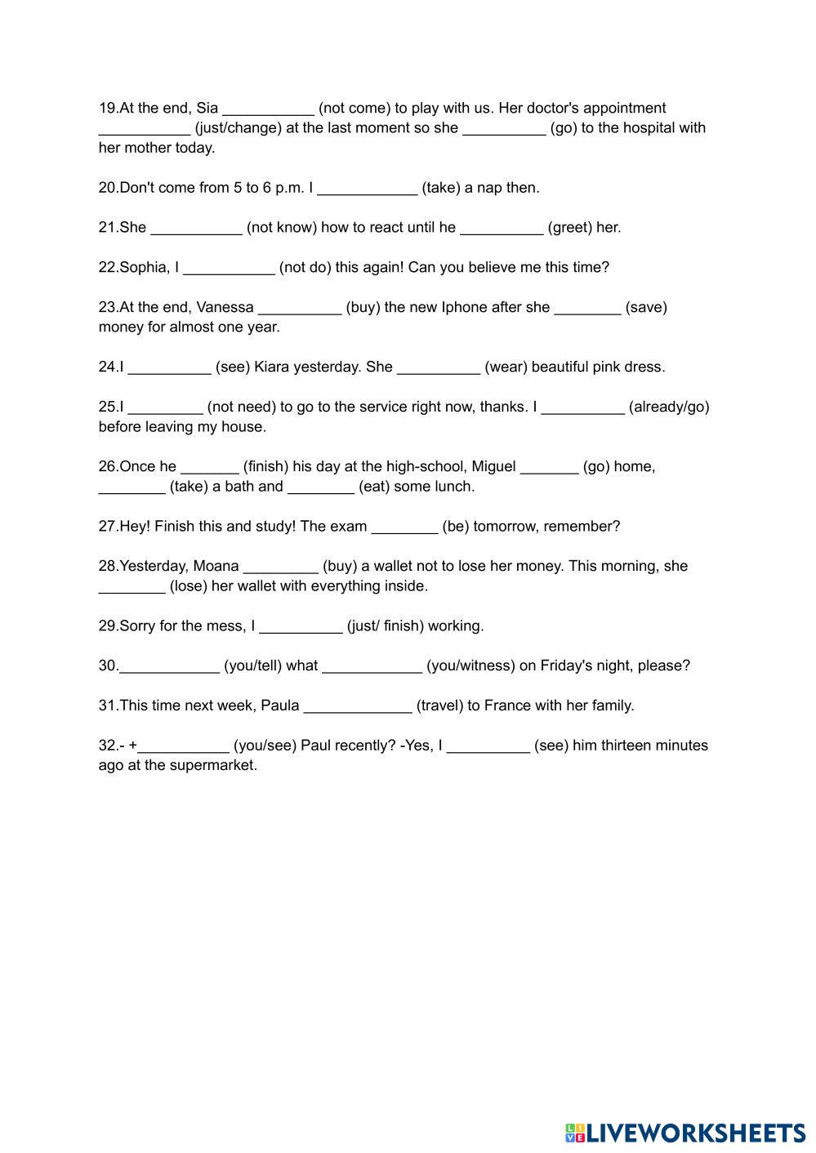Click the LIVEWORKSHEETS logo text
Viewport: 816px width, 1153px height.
pos(695,1133)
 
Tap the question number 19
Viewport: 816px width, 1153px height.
pos(108,108)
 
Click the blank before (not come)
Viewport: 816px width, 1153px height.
pos(268,109)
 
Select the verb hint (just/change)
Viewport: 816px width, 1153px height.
pos(238,127)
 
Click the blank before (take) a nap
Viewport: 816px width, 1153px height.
pos(367,189)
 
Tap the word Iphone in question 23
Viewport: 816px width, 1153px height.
pos(464,307)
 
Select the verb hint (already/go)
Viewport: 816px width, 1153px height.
pos(669,407)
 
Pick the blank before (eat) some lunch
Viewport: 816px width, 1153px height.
pos(321,488)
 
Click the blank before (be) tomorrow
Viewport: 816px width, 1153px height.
pos(404,528)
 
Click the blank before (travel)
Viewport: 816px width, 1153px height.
pos(358,707)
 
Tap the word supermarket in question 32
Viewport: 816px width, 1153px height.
pos(212,765)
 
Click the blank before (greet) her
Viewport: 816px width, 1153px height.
pos(502,229)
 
